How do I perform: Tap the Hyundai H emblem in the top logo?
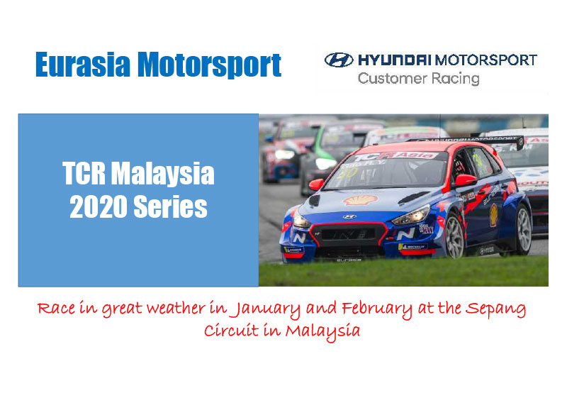click(339, 60)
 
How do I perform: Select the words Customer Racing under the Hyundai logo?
click(418, 78)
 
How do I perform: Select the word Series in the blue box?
click(174, 207)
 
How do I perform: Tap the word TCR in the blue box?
click(84, 174)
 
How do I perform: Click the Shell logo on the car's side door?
click(493, 214)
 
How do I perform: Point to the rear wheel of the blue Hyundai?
click(523, 229)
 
